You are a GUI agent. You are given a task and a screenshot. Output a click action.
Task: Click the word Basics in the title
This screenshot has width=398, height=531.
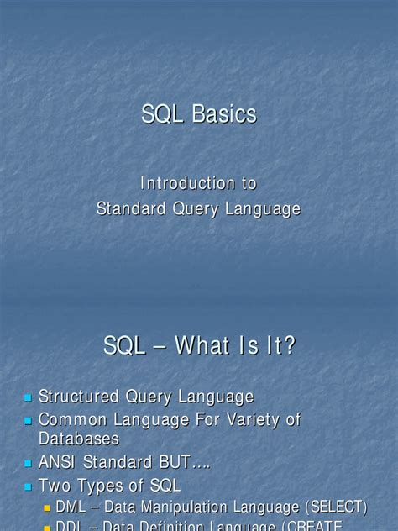coord(223,114)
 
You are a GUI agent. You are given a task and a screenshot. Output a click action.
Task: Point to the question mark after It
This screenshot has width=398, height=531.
coord(290,344)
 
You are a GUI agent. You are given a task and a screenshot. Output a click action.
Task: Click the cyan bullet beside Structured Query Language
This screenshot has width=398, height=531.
coord(28,397)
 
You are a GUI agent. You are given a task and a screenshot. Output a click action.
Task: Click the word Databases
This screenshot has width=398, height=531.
coord(79,438)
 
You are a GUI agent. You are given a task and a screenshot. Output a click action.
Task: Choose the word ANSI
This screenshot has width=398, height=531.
coord(59,462)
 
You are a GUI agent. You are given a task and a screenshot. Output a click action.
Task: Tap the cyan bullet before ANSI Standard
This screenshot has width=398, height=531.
coord(28,463)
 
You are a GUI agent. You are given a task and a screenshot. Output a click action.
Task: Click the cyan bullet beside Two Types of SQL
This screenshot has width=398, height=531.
coord(28,486)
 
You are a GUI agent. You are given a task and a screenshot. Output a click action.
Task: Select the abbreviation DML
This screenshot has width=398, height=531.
coord(71,507)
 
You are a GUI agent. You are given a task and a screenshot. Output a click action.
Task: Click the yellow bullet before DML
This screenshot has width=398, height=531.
coord(48,507)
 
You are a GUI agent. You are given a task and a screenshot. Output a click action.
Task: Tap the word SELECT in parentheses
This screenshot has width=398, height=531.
coord(336,507)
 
